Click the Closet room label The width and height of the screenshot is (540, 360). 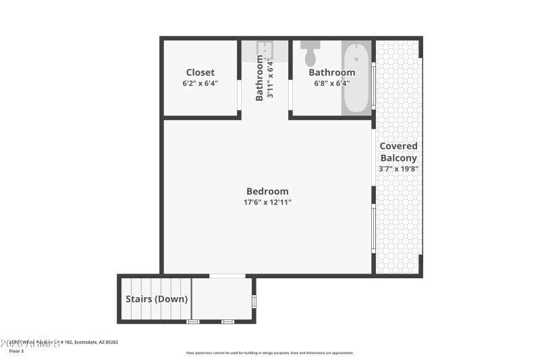200,72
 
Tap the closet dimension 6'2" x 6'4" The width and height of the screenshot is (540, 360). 200,84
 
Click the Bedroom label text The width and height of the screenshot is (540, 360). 267,191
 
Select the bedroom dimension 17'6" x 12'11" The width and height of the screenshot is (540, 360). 267,202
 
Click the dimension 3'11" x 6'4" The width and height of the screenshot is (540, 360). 270,80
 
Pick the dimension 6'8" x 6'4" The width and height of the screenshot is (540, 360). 331,84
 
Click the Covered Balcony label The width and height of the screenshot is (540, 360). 398,152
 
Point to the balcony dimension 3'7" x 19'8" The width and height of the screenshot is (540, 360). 398,169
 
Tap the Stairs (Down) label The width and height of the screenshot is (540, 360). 157,299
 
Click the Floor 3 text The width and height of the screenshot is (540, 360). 16,351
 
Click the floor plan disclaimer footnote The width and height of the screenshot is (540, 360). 269,353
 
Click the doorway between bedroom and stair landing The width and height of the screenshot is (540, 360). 227,276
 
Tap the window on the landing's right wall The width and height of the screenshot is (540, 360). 254,301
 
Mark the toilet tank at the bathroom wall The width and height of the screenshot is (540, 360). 311,44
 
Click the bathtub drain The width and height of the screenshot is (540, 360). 356,59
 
